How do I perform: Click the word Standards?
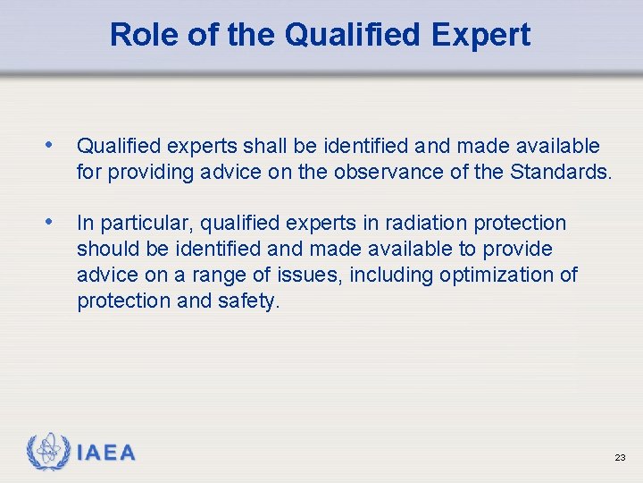pyautogui.click(x=560, y=171)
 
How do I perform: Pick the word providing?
pyautogui.click(x=144, y=171)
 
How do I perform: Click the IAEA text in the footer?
pyautogui.click(x=106, y=453)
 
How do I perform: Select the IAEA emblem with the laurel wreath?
pyautogui.click(x=48, y=453)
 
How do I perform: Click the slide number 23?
pyautogui.click(x=620, y=458)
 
